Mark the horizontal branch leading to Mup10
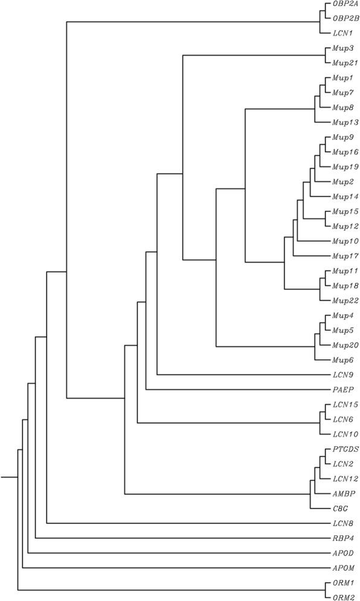click(308, 241)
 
